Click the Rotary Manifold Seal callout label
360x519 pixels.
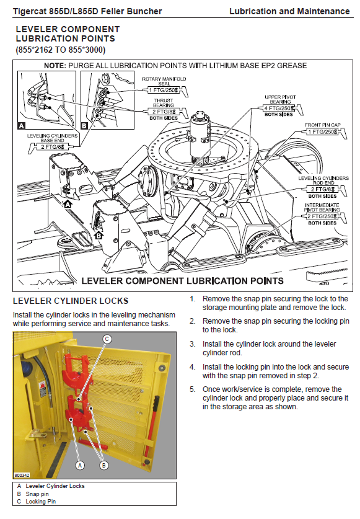coord(164,81)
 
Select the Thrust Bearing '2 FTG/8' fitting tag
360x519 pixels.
coord(164,112)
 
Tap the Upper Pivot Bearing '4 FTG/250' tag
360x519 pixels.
coord(279,109)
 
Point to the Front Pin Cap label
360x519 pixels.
coord(323,125)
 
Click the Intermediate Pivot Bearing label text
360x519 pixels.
coord(322,208)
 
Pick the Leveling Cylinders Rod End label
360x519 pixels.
coord(323,180)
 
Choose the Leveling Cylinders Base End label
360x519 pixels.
coord(52,138)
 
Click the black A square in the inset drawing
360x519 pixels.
coord(22,125)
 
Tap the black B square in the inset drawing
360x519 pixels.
coord(84,125)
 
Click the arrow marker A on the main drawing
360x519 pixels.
coord(68,204)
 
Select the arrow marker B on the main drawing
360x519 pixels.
coord(99,235)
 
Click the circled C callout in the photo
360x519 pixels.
coord(107,339)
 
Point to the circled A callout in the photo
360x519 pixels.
coord(80,466)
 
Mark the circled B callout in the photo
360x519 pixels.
coord(104,466)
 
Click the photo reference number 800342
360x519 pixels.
coord(22,475)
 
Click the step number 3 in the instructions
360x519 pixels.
coord(192,344)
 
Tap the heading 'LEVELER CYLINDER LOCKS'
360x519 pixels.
coord(71,301)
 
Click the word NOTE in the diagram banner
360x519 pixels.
coord(55,66)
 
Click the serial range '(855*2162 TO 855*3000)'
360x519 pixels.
coord(61,50)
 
